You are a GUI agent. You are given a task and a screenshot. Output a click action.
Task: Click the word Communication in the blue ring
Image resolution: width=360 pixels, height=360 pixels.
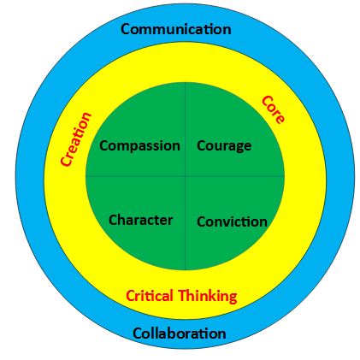[x=176, y=29]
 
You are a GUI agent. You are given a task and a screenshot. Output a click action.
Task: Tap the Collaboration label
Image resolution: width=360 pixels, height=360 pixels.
[x=180, y=333]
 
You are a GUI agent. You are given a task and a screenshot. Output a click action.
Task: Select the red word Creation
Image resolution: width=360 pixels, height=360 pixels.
[x=76, y=139]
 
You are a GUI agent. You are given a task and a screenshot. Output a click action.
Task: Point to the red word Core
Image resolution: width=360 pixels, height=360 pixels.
[x=273, y=109]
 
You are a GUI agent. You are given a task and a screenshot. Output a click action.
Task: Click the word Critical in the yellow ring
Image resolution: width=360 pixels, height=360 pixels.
[x=150, y=296]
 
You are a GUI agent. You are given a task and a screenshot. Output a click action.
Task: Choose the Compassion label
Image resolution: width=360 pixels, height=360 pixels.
[x=139, y=146]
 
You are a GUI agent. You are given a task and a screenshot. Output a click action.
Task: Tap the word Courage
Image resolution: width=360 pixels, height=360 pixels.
[x=224, y=146]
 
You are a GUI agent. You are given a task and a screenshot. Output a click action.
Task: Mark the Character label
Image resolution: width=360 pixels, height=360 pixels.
[x=140, y=220]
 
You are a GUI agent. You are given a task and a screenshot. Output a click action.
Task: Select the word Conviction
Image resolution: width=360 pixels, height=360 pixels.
[x=232, y=221]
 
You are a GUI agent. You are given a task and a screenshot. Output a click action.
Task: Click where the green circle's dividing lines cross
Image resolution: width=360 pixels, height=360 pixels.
[x=186, y=176]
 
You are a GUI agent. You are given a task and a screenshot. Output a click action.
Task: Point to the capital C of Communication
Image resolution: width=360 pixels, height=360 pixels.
[x=126, y=30]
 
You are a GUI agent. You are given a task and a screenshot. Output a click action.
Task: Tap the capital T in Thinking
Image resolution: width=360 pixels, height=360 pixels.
[x=183, y=296]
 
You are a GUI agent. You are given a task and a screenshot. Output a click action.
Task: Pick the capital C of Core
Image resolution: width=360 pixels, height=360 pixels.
[x=268, y=102]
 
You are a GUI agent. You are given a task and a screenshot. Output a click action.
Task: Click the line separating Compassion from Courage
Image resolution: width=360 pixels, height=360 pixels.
[x=186, y=129]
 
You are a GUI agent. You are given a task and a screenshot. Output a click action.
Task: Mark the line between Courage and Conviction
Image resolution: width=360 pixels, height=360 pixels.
[x=235, y=176]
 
